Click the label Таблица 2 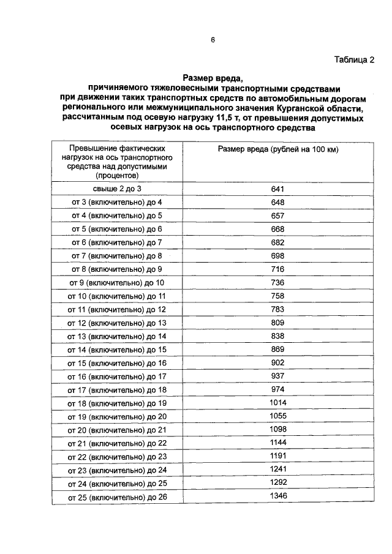click(x=353, y=59)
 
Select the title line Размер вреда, click(x=213, y=78)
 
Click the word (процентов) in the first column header click(x=118, y=175)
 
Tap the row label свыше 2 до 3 click(x=118, y=189)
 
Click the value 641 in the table click(x=278, y=189)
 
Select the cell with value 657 click(x=278, y=215)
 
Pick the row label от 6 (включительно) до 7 click(x=118, y=242)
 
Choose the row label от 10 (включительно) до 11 click(x=119, y=296)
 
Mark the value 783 click(x=278, y=309)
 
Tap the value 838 click(x=278, y=335)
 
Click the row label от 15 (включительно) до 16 click(x=119, y=362)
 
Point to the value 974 click(x=278, y=389)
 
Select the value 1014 click(x=278, y=402)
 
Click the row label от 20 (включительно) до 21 click(x=119, y=430)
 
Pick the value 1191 click(x=278, y=456)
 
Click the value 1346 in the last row click(x=278, y=496)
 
